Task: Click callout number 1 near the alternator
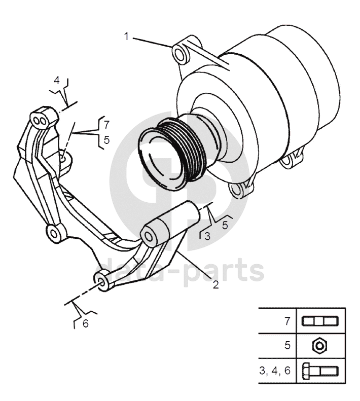pyautogui.click(x=126, y=37)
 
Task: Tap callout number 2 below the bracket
pyautogui.click(x=216, y=284)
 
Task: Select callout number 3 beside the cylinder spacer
pyautogui.click(x=207, y=236)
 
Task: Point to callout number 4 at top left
pyautogui.click(x=57, y=80)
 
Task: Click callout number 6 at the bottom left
pyautogui.click(x=86, y=323)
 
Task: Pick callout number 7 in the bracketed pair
pyautogui.click(x=106, y=125)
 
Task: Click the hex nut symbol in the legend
pyautogui.click(x=320, y=346)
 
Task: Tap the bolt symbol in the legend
pyautogui.click(x=320, y=371)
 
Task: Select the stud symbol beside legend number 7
pyautogui.click(x=320, y=321)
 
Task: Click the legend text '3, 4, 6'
pyautogui.click(x=275, y=371)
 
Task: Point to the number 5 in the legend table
pyautogui.click(x=287, y=346)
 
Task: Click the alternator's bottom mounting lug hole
pyautogui.click(x=236, y=190)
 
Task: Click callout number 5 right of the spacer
pyautogui.click(x=225, y=225)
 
